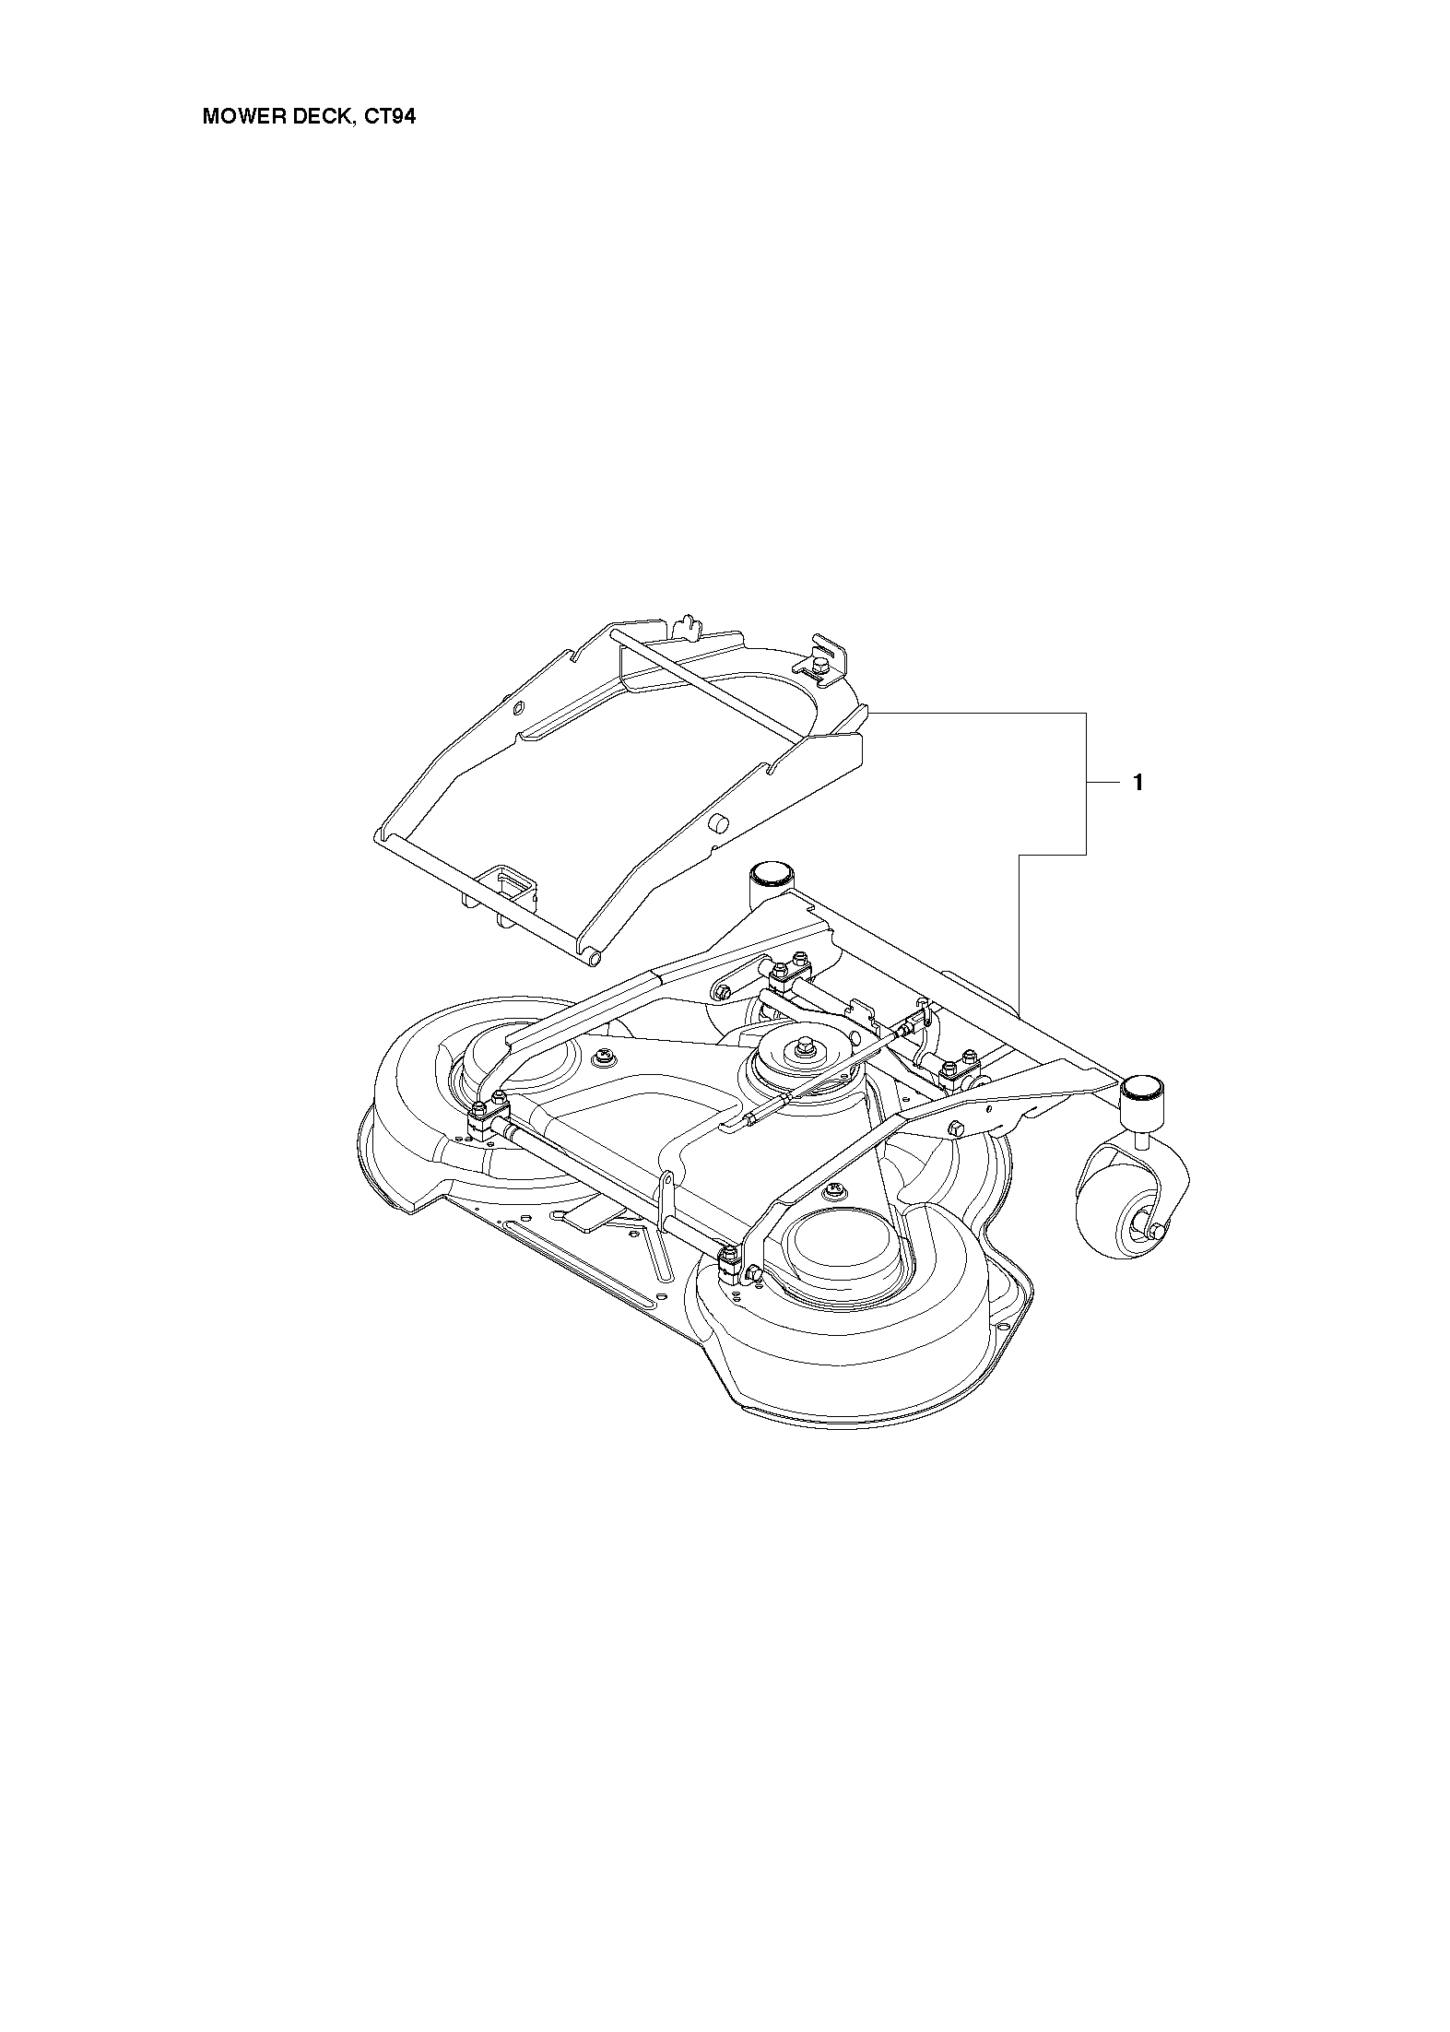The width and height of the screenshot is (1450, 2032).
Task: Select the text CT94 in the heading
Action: click(390, 118)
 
